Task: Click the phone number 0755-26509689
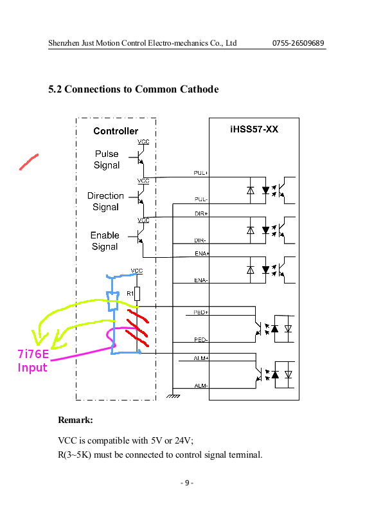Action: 298,43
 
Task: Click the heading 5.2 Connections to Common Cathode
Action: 134,89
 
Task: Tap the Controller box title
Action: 116,131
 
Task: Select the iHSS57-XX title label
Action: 254,129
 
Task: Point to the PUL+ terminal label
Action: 200,173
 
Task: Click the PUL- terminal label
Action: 200,199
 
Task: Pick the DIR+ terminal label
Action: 201,213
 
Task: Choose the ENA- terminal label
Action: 201,280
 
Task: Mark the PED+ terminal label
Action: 200,312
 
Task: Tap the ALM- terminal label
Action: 201,385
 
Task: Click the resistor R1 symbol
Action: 137,294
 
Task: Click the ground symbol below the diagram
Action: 173,395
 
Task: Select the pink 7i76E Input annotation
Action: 33,361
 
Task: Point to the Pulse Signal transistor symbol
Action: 140,157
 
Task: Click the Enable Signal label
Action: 105,241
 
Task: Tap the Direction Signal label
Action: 105,201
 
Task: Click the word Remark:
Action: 75,420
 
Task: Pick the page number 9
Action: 187,483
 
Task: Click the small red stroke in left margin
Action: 29,162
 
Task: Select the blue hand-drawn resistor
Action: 112,301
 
